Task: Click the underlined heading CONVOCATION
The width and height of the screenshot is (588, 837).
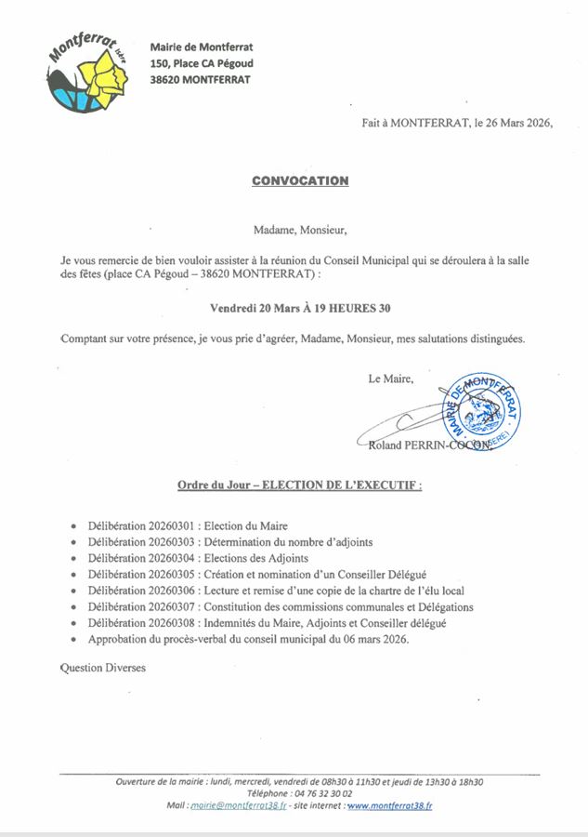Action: [300, 180]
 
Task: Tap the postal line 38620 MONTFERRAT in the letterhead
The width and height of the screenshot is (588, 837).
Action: [199, 80]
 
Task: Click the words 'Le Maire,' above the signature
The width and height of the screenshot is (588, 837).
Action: [390, 378]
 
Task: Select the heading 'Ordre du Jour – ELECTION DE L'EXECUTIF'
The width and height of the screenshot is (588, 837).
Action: [300, 485]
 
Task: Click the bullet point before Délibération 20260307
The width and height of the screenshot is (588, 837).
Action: [73, 608]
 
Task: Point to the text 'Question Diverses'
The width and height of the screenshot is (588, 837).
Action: [102, 667]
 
